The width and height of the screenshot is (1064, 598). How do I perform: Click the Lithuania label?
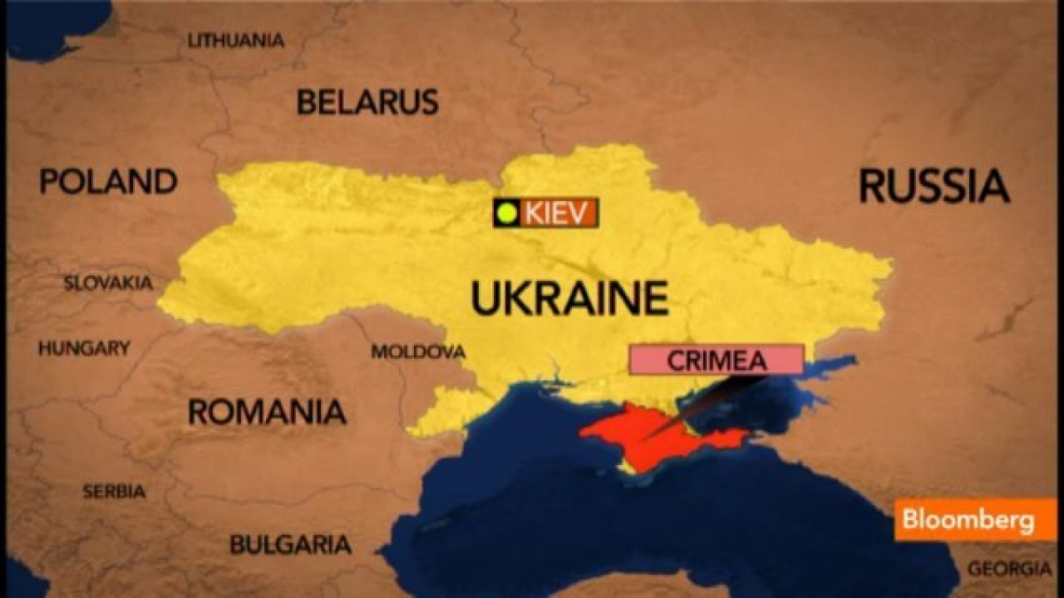[236, 40]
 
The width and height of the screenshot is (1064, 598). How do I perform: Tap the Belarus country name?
[367, 102]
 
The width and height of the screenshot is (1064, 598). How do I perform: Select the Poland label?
[107, 182]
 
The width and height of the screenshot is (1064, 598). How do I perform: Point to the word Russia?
[934, 187]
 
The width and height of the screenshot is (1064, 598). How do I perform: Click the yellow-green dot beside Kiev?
[507, 213]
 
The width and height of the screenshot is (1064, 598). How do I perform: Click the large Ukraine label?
[569, 298]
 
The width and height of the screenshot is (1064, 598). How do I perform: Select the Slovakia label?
[108, 283]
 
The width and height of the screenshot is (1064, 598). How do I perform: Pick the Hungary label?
[83, 348]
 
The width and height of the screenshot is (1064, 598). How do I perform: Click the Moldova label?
[418, 352]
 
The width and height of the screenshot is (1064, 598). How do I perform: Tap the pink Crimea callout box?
[716, 360]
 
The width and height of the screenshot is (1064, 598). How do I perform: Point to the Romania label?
[266, 411]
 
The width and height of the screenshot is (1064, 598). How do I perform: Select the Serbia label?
[113, 492]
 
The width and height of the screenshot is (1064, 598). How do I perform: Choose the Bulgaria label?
[290, 543]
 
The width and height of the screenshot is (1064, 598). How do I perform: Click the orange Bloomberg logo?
[974, 520]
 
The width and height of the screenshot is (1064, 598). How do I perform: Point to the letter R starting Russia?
[874, 187]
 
